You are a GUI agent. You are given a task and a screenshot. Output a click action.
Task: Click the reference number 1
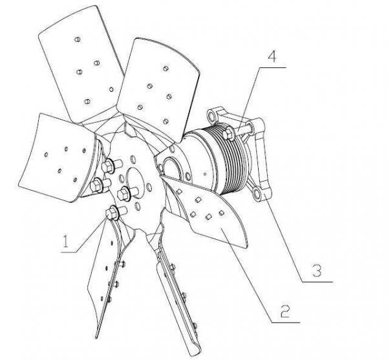pyautogui.click(x=65, y=241)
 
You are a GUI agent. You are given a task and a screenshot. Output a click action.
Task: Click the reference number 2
pyautogui.click(x=285, y=312)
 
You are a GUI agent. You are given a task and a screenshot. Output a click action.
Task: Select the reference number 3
pyautogui.click(x=316, y=271)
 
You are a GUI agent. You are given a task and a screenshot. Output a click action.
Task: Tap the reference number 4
pyautogui.click(x=272, y=57)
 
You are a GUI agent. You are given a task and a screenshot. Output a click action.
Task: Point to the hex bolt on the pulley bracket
pyautogui.click(x=229, y=134)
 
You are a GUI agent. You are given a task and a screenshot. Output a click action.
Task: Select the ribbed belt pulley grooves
pyautogui.click(x=232, y=160)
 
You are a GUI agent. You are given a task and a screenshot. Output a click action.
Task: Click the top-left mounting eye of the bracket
pyautogui.click(x=211, y=116)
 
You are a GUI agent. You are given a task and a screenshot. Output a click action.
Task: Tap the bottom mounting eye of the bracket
pyautogui.click(x=257, y=194)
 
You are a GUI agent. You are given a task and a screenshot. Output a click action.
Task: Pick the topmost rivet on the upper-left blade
pyautogui.click(x=78, y=39)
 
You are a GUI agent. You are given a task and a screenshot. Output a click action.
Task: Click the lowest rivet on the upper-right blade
pyautogui.click(x=166, y=122)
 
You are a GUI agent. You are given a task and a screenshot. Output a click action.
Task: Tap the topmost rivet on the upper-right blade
pyautogui.click(x=166, y=69)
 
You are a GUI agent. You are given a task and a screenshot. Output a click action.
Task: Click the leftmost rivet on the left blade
pyautogui.click(x=46, y=154)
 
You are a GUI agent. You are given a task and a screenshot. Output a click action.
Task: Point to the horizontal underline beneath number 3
pyautogui.click(x=318, y=282)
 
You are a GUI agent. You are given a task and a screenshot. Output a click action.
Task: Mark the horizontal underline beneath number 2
pyautogui.click(x=286, y=323)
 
